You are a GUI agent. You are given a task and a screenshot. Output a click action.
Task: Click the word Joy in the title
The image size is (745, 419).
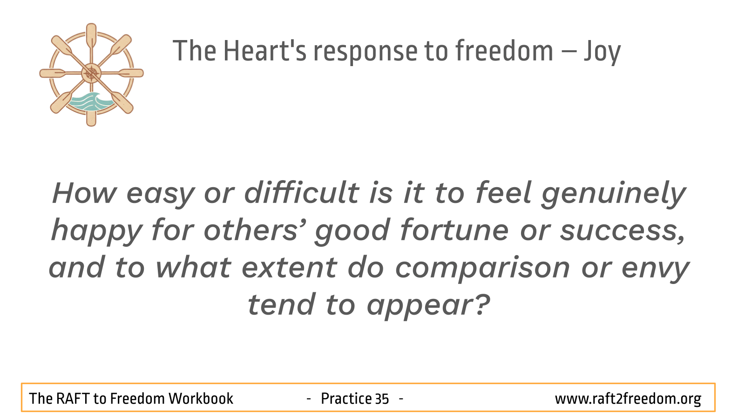point(603,52)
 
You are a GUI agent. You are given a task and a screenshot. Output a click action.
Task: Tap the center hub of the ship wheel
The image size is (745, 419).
point(91,73)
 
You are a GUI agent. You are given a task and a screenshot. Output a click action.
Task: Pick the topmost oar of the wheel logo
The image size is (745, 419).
point(91,37)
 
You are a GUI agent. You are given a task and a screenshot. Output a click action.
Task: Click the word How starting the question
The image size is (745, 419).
point(85,193)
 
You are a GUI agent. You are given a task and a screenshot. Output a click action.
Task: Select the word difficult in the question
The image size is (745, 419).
point(302,192)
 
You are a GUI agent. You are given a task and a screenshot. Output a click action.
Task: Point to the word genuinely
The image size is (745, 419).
point(614,195)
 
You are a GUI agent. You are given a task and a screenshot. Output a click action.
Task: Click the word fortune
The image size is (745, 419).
point(454,230)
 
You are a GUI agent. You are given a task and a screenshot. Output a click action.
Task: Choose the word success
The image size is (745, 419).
point(623,231)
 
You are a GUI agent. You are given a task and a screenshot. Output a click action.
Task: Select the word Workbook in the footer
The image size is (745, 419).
point(201,399)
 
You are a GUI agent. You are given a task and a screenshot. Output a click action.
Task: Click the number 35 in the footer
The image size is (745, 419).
point(382,399)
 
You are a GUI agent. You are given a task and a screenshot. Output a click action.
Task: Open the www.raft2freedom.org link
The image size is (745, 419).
point(628,399)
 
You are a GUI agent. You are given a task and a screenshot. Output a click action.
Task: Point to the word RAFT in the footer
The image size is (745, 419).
point(73,399)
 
